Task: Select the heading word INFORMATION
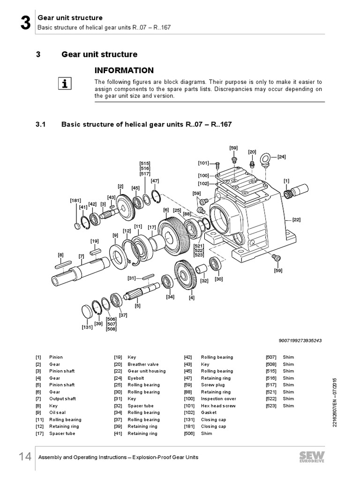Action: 124,71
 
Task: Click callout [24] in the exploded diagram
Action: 282,157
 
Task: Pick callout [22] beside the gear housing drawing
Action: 296,219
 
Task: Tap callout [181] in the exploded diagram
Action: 75,200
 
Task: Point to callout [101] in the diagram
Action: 203,164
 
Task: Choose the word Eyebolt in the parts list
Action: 136,378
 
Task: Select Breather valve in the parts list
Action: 143,364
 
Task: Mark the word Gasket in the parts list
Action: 209,412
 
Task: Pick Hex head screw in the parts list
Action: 218,405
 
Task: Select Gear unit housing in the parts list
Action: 147,371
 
